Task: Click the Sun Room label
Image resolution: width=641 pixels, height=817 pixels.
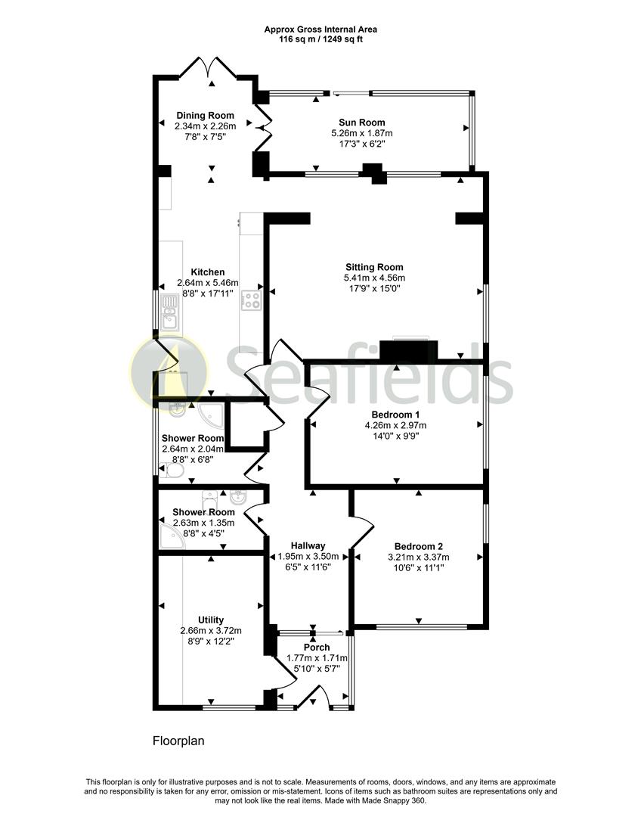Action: (x=362, y=123)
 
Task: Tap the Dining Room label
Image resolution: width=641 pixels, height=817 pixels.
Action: (x=205, y=116)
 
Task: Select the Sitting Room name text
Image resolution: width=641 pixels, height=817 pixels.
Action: (x=374, y=267)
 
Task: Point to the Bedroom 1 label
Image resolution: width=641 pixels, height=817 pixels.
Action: (x=396, y=415)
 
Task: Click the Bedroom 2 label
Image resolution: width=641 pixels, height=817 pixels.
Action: (x=419, y=547)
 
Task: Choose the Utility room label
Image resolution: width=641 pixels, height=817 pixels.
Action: (x=211, y=620)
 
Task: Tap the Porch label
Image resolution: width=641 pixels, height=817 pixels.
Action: (x=317, y=647)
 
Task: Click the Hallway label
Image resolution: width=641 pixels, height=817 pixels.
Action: (x=308, y=546)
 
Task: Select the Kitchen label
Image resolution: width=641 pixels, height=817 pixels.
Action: (x=208, y=272)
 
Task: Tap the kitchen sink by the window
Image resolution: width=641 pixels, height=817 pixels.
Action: (x=170, y=312)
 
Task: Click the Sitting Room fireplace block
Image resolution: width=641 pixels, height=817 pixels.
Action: (x=409, y=350)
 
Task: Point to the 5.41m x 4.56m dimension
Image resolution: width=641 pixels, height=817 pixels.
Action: (x=374, y=278)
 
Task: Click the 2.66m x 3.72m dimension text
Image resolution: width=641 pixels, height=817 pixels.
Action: (x=211, y=631)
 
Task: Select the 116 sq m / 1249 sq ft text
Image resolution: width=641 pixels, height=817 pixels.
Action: (x=320, y=39)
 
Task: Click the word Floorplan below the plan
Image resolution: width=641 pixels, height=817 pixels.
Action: (x=178, y=741)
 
